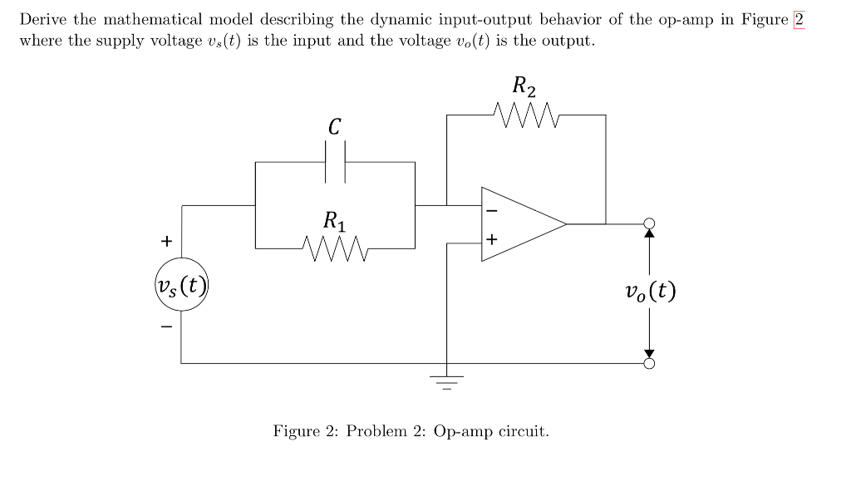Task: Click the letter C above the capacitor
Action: (334, 126)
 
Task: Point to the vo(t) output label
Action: (650, 292)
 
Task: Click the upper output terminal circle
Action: (650, 223)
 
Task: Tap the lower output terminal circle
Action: (650, 363)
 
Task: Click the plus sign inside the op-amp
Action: (491, 240)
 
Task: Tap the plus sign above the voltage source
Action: (166, 241)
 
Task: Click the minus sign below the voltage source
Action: (166, 327)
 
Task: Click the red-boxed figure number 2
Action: (799, 20)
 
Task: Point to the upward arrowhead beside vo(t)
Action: (650, 234)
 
